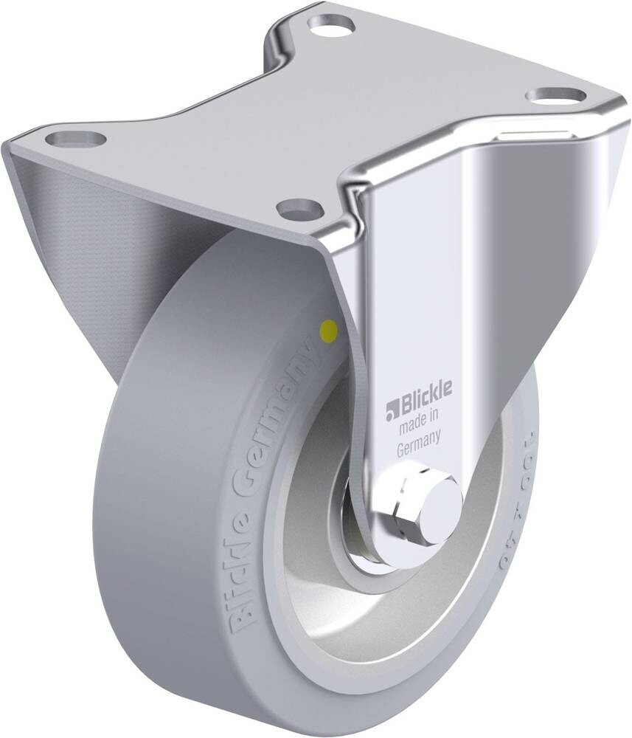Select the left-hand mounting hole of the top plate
tap(76, 137)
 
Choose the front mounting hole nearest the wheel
tap(300, 208)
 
